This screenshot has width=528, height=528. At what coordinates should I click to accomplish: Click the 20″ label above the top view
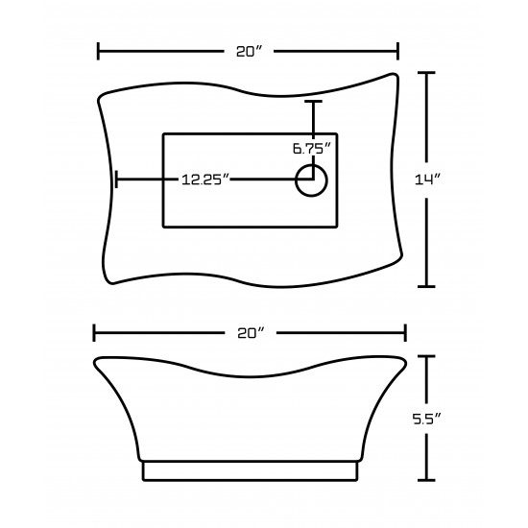249,52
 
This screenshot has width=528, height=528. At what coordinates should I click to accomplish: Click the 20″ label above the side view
251,333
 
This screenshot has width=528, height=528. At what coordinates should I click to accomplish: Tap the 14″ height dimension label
427,180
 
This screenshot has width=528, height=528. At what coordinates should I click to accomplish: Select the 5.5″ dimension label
426,419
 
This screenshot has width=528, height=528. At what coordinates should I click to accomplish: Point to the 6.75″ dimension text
312,149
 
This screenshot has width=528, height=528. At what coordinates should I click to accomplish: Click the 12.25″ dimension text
205,180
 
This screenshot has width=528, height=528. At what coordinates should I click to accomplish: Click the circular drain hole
311,180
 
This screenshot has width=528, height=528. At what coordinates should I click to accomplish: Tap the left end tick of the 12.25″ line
116,180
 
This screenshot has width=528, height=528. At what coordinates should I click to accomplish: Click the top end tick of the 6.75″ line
313,101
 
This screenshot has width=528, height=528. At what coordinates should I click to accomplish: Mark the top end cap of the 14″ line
426,72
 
